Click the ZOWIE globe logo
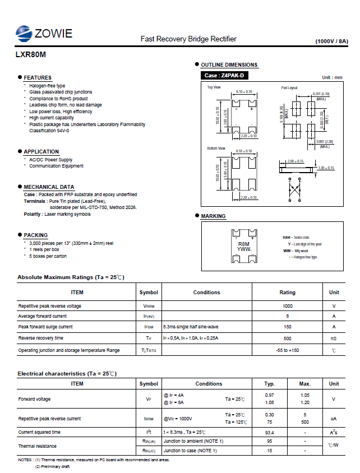(x=24, y=34)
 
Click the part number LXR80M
(x=31, y=55)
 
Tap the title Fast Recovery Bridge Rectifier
(x=188, y=39)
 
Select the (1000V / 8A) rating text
(x=331, y=41)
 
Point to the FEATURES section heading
(x=38, y=78)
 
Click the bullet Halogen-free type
(x=47, y=86)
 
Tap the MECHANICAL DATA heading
(x=49, y=187)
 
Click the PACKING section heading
(x=36, y=235)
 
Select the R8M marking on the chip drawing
(x=243, y=244)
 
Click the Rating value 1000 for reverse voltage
(x=288, y=306)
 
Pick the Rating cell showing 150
(x=288, y=327)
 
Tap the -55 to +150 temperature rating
(x=288, y=350)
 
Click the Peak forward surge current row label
(x=45, y=327)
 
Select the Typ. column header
(x=269, y=384)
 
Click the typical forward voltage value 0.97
(x=269, y=395)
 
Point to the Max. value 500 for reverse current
(x=305, y=422)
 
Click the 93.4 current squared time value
(x=269, y=432)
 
